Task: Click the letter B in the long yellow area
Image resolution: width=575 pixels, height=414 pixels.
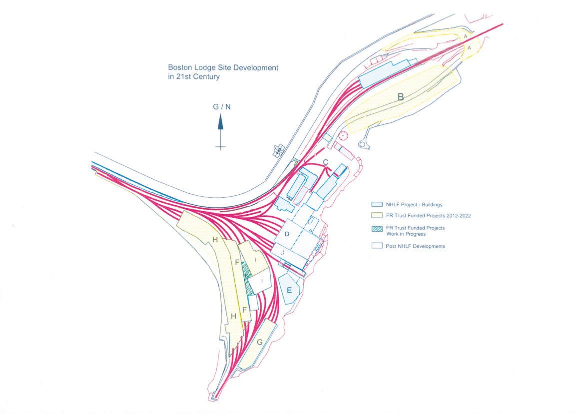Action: tap(400, 97)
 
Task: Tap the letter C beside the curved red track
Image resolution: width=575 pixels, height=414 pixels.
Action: tap(325, 162)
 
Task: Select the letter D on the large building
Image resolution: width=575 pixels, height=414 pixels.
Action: tap(287, 234)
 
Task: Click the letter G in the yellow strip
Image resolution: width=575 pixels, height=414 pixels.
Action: tap(260, 343)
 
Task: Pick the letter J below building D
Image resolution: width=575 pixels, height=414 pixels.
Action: tap(283, 253)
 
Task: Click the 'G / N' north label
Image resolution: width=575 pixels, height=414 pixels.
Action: tap(222, 106)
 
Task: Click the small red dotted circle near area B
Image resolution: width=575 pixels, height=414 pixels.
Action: tap(343, 135)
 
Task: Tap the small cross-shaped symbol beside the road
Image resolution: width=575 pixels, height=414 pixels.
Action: tap(279, 149)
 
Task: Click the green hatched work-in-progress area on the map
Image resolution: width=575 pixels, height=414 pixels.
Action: tap(246, 272)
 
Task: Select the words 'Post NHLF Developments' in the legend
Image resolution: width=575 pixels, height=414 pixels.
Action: tap(416, 246)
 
